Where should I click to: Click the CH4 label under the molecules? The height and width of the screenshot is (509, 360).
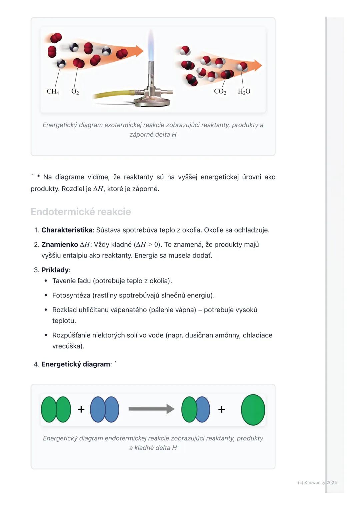pyautogui.click(x=53, y=91)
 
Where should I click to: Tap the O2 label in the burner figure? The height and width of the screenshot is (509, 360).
pyautogui.click(x=75, y=91)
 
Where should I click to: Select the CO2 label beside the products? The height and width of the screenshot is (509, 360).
pyautogui.click(x=220, y=91)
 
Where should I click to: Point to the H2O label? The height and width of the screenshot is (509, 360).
pyautogui.click(x=244, y=91)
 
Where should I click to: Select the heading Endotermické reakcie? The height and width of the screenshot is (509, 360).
pyautogui.click(x=81, y=212)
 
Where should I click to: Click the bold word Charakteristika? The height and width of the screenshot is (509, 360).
pyautogui.click(x=67, y=230)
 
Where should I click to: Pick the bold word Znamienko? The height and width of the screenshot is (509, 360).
pyautogui.click(x=60, y=245)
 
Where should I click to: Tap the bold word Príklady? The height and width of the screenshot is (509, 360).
pyautogui.click(x=55, y=270)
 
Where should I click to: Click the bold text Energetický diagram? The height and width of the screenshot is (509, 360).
pyautogui.click(x=76, y=364)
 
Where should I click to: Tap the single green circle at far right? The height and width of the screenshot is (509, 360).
pyautogui.click(x=253, y=410)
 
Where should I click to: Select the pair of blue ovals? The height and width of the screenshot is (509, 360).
pyautogui.click(x=104, y=409)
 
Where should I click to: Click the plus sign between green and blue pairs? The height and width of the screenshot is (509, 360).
pyautogui.click(x=81, y=409)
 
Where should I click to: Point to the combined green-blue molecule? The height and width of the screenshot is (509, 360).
pyautogui.click(x=196, y=409)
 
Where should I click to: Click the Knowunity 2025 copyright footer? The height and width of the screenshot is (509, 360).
pyautogui.click(x=317, y=482)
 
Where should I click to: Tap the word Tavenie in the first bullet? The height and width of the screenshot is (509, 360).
pyautogui.click(x=64, y=281)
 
